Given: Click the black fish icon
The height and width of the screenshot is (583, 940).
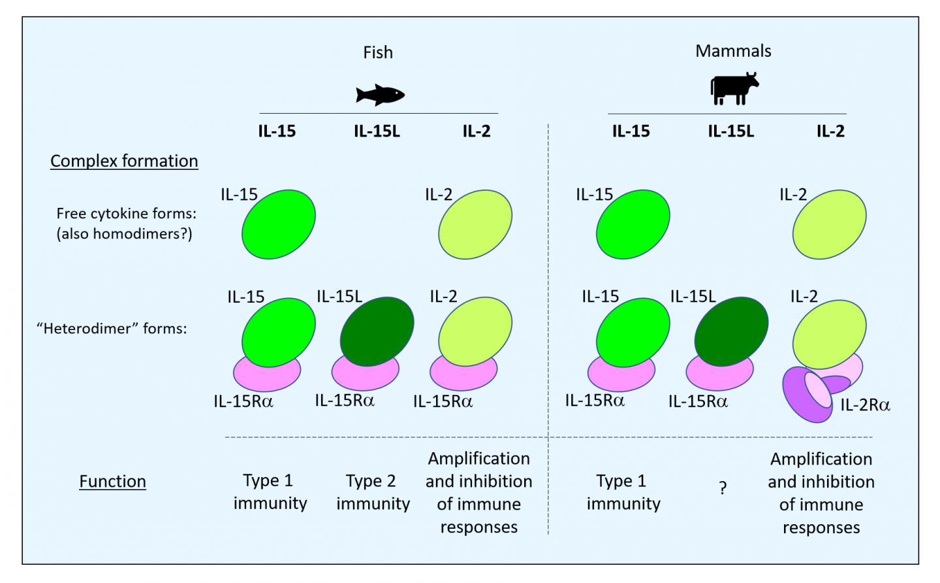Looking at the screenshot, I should point(380,95).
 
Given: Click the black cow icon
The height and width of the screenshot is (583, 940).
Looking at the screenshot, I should point(734,88).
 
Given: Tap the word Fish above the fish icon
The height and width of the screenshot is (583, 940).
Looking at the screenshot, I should point(378,52).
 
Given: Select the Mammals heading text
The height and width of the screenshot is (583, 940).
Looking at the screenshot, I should point(733,51).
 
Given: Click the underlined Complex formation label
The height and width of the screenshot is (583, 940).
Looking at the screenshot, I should point(124,161).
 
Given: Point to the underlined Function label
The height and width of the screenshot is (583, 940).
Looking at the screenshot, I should point(112,482).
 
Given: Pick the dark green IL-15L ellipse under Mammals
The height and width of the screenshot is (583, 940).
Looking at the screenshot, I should point(731,331).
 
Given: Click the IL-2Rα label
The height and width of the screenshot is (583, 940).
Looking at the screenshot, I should point(865,405).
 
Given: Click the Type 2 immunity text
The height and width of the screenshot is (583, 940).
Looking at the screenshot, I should point(373,492).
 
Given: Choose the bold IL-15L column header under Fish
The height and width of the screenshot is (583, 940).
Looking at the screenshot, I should point(377,131).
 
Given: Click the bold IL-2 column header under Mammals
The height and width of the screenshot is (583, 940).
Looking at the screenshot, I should point(830,131).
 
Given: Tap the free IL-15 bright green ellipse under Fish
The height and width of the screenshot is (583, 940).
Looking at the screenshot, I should point(279,224).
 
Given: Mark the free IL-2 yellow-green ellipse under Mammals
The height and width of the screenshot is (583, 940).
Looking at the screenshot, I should point(829,224).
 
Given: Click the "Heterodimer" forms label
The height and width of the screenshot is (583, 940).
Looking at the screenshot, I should point(112,328).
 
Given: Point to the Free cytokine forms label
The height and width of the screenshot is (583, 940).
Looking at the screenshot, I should point(126,214).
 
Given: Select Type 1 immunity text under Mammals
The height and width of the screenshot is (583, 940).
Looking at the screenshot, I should point(623,492).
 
